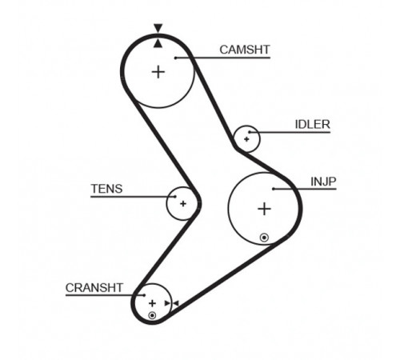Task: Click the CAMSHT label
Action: [245, 50]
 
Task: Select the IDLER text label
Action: [312, 125]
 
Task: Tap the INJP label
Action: [323, 182]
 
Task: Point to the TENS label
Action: [106, 189]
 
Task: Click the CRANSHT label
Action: [94, 288]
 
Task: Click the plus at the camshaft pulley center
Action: [158, 72]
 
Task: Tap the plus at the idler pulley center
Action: [246, 139]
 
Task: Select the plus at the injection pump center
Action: [265, 209]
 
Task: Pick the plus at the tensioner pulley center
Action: [183, 204]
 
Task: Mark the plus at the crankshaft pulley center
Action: [152, 303]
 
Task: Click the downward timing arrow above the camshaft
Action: [158, 28]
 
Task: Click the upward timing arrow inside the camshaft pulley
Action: [158, 43]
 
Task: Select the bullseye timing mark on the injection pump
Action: [264, 238]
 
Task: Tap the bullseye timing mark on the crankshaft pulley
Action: [152, 316]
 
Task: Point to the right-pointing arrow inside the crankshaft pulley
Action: [167, 303]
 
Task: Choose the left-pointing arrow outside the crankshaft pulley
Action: [176, 303]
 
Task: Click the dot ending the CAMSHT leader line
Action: [176, 58]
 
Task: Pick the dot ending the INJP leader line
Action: [274, 189]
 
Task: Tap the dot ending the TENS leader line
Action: [175, 197]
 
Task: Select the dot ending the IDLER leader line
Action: [250, 132]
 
